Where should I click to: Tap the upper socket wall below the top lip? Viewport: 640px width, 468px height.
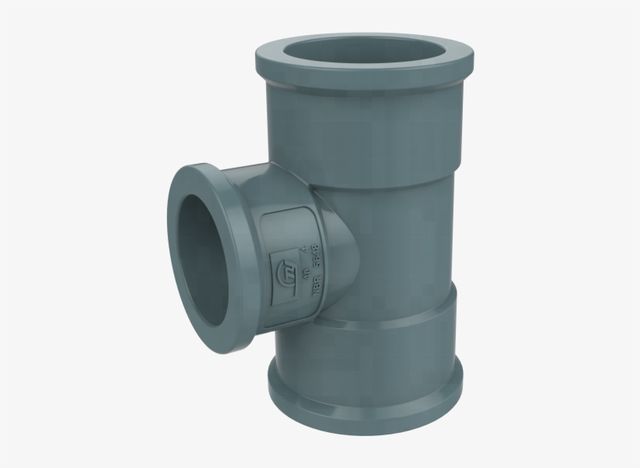367,133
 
